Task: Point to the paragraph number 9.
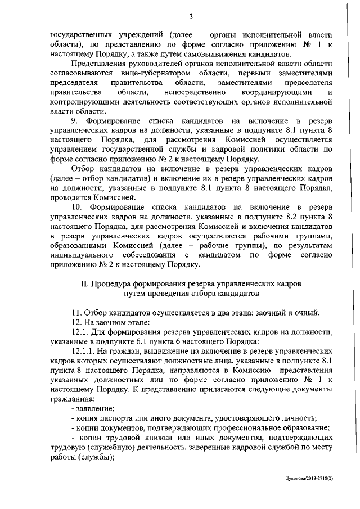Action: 74,121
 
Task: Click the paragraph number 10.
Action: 76,206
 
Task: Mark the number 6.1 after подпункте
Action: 159,340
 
